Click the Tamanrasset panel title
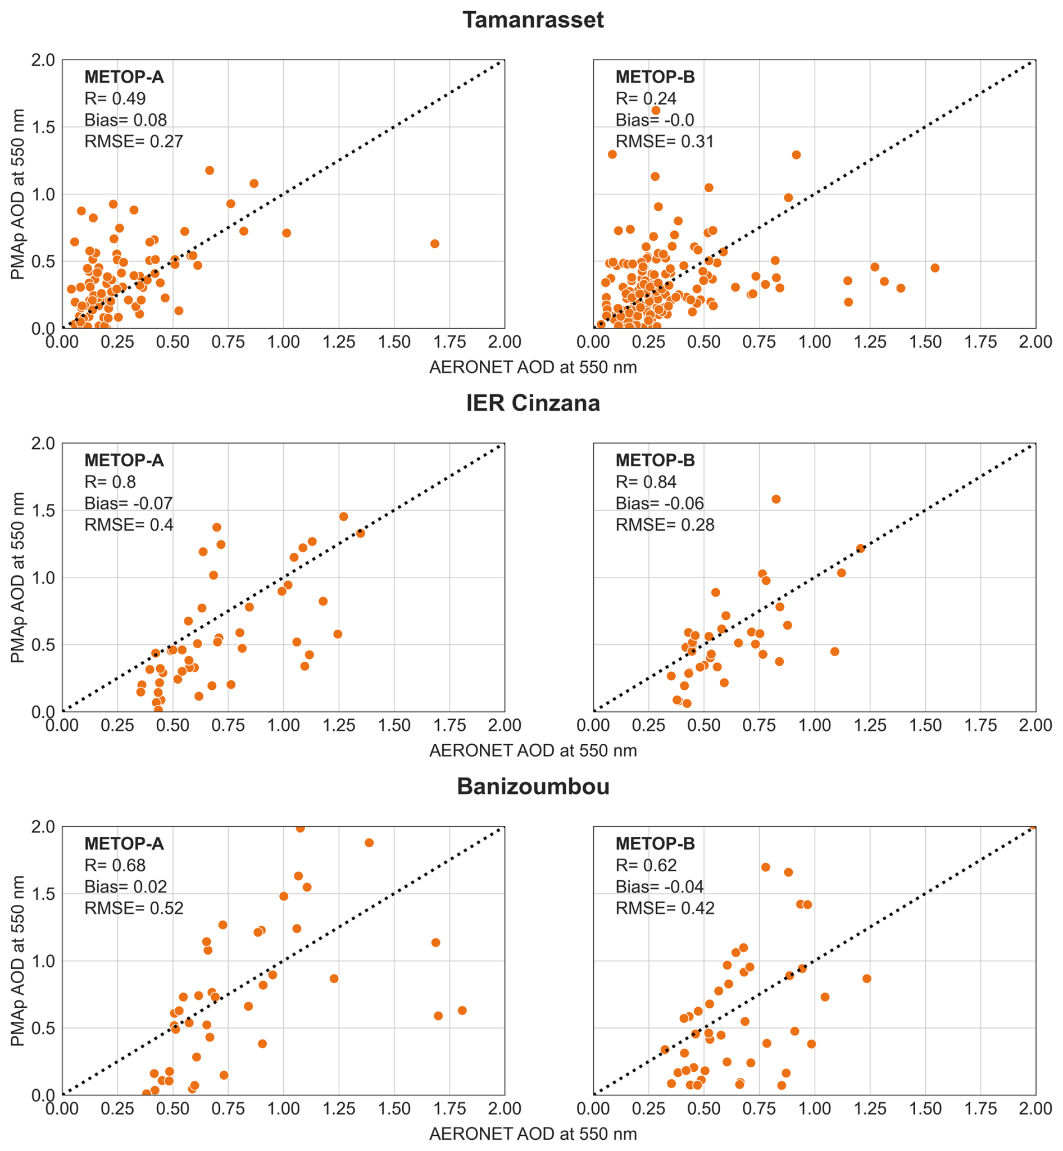pyautogui.click(x=533, y=20)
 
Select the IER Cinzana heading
pyautogui.click(x=533, y=403)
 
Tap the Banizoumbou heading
pyautogui.click(x=533, y=786)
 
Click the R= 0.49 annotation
pyautogui.click(x=115, y=98)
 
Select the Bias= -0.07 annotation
pyautogui.click(x=128, y=503)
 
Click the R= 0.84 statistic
pyautogui.click(x=646, y=482)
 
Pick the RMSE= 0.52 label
pyautogui.click(x=134, y=908)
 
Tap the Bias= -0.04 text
pyautogui.click(x=659, y=887)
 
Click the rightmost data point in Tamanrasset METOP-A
pyautogui.click(x=435, y=244)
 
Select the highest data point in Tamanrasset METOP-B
pyautogui.click(x=656, y=111)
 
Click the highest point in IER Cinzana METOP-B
pyautogui.click(x=776, y=499)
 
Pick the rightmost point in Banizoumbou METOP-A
pyautogui.click(x=462, y=1011)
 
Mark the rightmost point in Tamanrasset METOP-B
pyautogui.click(x=935, y=268)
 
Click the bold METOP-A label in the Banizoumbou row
pyautogui.click(x=124, y=844)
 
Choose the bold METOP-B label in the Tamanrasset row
pyautogui.click(x=655, y=77)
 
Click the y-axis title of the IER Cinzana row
pyautogui.click(x=18, y=577)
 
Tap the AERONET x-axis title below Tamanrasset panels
pyautogui.click(x=533, y=367)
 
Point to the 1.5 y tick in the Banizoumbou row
pyautogui.click(x=43, y=894)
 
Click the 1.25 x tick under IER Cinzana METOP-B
pyautogui.click(x=870, y=725)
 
